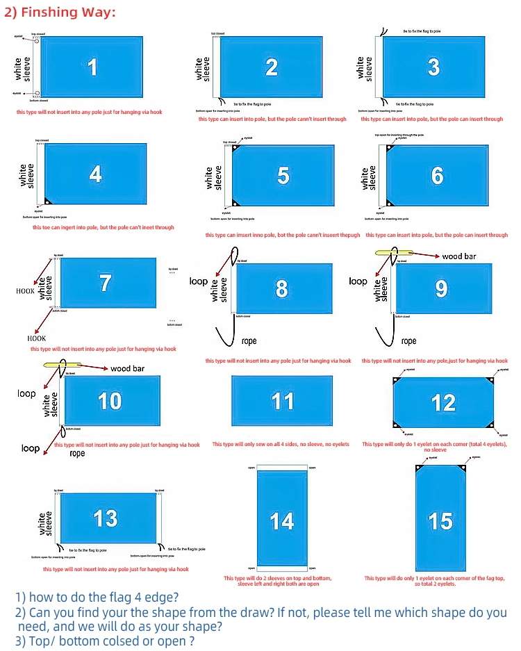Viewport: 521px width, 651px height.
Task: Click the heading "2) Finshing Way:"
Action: (x=60, y=13)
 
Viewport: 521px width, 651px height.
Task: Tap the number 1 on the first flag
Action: (x=92, y=67)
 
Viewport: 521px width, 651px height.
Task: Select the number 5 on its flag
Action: (x=283, y=176)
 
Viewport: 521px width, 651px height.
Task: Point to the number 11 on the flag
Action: (x=282, y=402)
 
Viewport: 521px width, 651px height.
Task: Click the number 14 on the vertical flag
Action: (x=282, y=521)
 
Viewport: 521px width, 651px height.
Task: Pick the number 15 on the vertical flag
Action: (x=440, y=521)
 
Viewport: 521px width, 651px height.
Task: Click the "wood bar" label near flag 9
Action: (x=458, y=256)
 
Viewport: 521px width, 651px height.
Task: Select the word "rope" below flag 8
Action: (x=249, y=341)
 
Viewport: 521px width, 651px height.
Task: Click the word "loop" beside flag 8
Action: (x=199, y=281)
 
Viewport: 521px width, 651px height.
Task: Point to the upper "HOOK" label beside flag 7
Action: (x=26, y=292)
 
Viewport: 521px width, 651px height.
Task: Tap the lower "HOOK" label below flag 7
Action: (x=36, y=338)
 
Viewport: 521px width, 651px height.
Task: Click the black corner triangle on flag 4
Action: (x=48, y=201)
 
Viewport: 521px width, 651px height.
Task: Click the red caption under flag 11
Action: (x=281, y=444)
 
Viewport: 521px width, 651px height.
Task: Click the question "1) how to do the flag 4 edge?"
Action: (x=97, y=597)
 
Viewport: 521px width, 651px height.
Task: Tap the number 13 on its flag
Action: (x=106, y=518)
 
